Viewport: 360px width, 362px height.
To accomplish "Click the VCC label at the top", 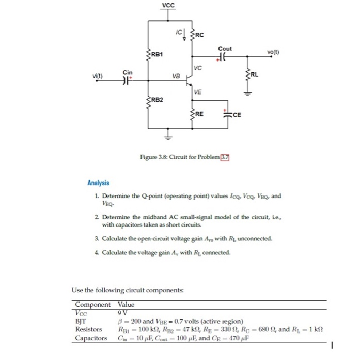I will click(x=168, y=6).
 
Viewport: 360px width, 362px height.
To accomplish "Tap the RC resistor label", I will click(x=200, y=35).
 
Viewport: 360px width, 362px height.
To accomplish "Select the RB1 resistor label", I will click(x=157, y=54).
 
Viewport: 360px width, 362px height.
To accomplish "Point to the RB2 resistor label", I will click(x=157, y=99).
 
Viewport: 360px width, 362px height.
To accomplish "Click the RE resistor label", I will click(x=200, y=114).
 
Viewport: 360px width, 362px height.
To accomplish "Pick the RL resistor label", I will click(x=255, y=74).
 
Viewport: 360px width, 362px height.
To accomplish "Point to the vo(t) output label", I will click(x=274, y=52).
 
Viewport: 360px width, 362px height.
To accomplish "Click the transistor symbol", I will click(x=189, y=81).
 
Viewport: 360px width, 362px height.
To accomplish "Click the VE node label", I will click(x=198, y=92).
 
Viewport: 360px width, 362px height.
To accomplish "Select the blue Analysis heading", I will click(x=98, y=183).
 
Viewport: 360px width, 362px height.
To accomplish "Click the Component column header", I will click(x=93, y=305).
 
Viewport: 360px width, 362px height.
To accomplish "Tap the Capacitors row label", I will click(x=91, y=338).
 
